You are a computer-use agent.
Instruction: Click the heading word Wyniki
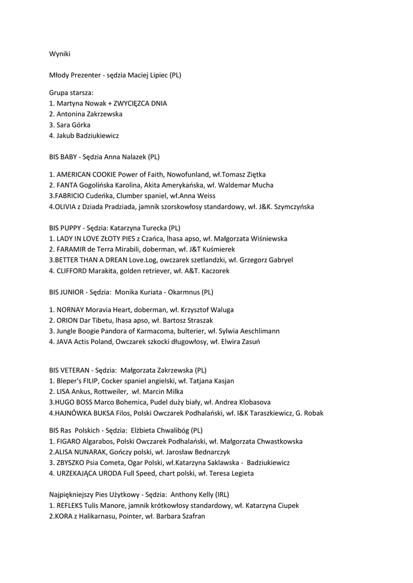point(60,54)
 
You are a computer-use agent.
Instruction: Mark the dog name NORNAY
point(72,310)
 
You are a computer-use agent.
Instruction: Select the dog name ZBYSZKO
point(73,463)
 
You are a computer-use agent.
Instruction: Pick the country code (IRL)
point(219,495)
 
